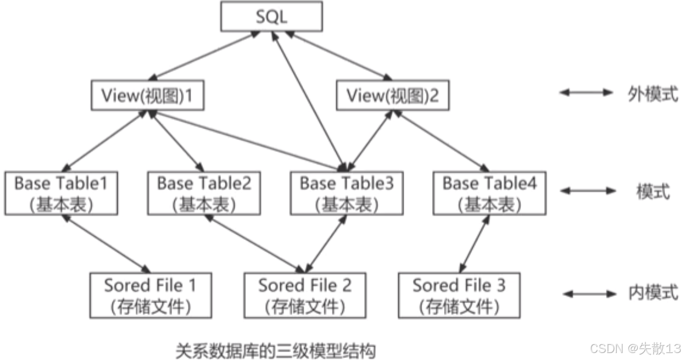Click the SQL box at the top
(271, 17)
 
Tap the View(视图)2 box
(392, 96)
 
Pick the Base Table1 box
(61, 192)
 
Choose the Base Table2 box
(204, 192)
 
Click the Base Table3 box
(347, 192)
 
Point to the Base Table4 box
(489, 192)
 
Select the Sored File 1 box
(150, 295)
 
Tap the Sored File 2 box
(305, 295)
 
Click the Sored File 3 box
(459, 295)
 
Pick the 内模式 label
(653, 293)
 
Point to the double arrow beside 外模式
(586, 93)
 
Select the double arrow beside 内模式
(589, 294)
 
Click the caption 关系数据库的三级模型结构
(275, 350)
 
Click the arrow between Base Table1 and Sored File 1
(105, 243)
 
